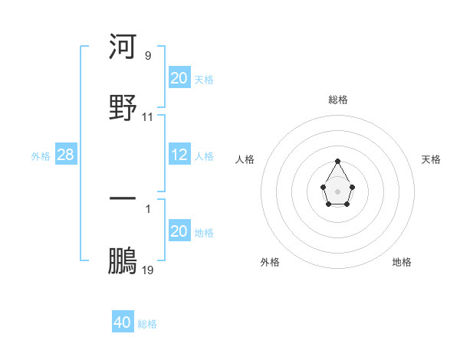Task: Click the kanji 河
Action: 123,47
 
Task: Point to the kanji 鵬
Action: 123,261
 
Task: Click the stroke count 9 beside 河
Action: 148,56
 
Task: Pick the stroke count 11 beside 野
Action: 148,117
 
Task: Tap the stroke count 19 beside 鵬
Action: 148,270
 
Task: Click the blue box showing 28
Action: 66,155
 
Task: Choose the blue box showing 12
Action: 179,155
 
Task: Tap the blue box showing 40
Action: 123,322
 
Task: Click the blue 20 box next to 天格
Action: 179,78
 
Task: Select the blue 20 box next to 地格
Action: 179,231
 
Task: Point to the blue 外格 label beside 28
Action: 41,156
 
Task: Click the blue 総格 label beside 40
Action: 147,324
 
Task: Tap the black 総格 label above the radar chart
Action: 338,100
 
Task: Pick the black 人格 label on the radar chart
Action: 245,159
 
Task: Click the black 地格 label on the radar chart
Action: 402,262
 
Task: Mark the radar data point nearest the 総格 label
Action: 338,161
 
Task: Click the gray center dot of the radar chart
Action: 337,191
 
